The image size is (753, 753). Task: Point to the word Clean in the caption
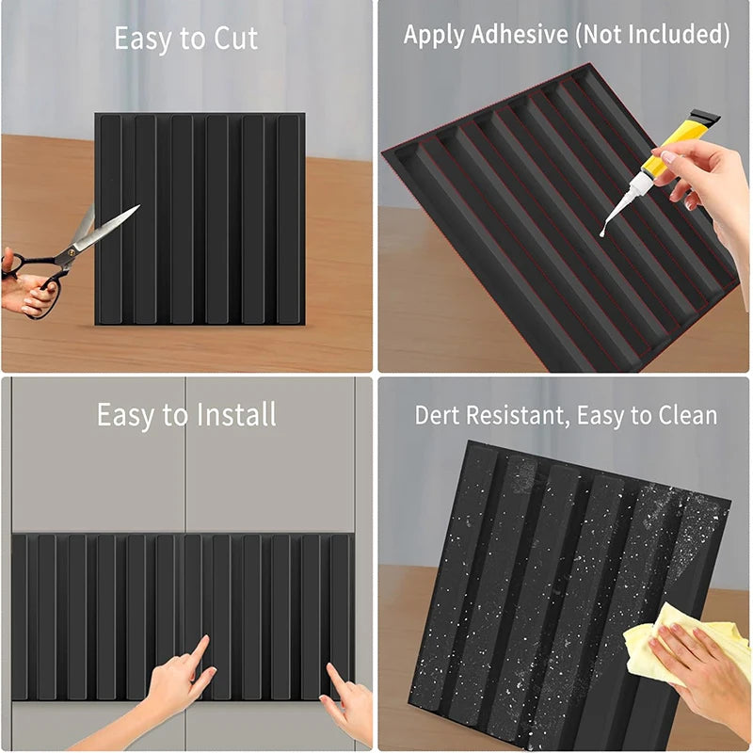tap(686, 415)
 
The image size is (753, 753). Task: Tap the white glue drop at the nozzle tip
tap(602, 230)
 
